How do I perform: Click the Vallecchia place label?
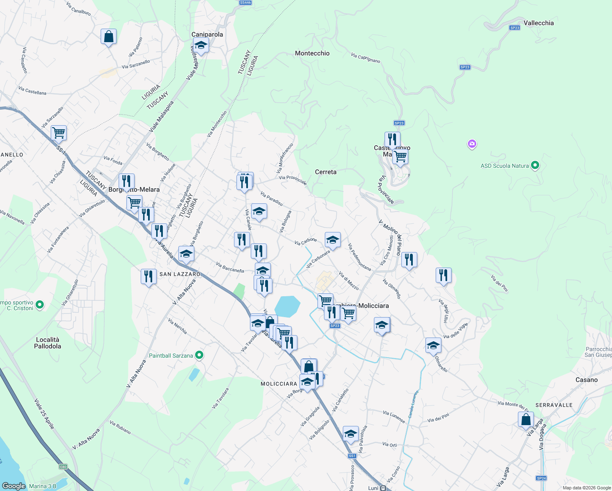538,23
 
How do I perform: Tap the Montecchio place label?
312,54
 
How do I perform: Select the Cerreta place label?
326,172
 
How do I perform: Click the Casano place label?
586,380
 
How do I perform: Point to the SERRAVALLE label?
554,405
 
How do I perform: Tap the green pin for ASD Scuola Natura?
535,166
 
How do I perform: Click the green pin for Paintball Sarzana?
199,355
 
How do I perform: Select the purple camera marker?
472,144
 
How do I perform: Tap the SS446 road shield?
245,2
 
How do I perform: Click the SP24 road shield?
541,478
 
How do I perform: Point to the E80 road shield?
63,467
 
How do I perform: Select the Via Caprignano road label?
365,58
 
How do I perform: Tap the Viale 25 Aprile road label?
44,413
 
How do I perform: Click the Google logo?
13,486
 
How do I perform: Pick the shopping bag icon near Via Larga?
526,420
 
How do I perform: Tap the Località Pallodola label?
47,343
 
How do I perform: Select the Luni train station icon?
383,488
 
